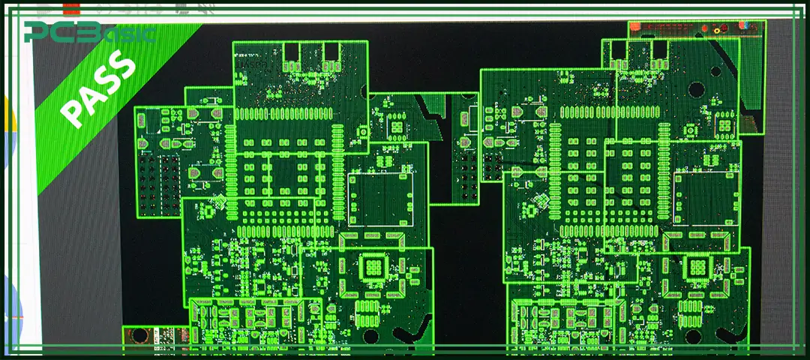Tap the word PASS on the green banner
(97, 88)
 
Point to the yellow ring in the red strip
(717, 31)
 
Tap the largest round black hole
(696, 90)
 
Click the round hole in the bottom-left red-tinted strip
(139, 336)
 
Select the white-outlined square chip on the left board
(381, 200)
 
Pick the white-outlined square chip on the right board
(705, 198)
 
